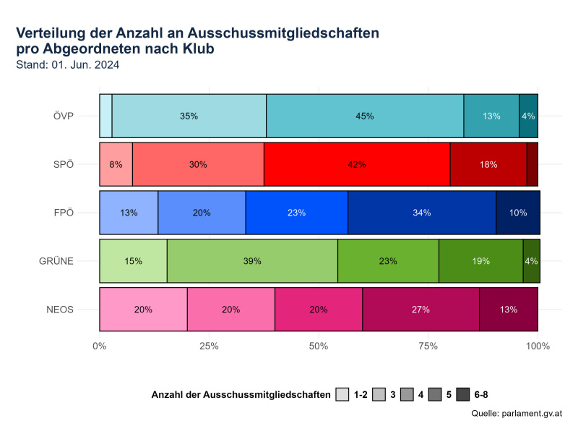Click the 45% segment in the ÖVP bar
365,116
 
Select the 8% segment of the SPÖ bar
116,164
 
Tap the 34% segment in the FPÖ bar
422,213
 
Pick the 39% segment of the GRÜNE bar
252,261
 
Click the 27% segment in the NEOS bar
420,310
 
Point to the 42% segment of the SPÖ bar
357,164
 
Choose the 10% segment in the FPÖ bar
518,213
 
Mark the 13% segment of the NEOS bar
509,310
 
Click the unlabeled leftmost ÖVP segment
105,116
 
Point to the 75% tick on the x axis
428,346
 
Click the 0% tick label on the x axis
100,346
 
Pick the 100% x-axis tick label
538,346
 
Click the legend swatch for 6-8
464,395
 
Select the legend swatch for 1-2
344,395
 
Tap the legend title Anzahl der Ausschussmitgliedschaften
241,395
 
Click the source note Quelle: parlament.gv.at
516,414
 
